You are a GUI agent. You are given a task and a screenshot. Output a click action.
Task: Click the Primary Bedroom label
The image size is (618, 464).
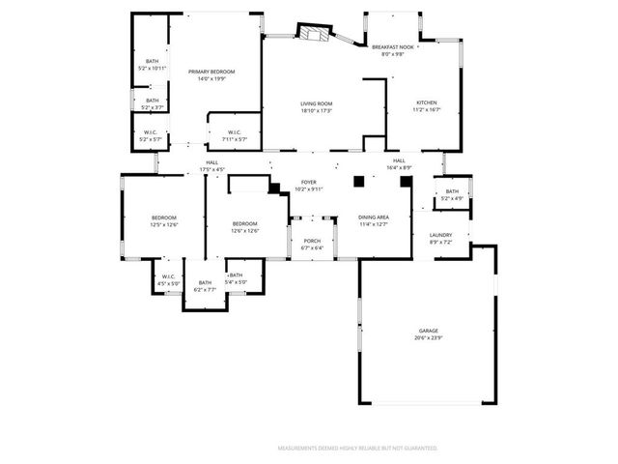point(211,72)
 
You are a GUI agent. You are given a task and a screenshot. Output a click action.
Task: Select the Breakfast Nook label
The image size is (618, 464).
point(393,46)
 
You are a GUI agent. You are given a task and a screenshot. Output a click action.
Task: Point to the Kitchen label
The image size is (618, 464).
point(427,102)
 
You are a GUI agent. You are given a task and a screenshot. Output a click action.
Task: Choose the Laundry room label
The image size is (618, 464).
point(440,235)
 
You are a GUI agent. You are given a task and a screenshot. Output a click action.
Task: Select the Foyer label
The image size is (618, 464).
point(309,182)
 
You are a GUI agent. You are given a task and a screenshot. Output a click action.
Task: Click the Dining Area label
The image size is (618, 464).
point(374,217)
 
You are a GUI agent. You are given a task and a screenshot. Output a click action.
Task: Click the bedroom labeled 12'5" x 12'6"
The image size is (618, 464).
point(163,221)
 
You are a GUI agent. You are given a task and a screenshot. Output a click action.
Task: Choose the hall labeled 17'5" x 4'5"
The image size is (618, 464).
point(211,165)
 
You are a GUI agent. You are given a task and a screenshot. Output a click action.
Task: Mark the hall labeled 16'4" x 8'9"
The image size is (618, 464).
point(399,164)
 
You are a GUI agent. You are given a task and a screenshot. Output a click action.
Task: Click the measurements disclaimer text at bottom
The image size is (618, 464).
point(357,449)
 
